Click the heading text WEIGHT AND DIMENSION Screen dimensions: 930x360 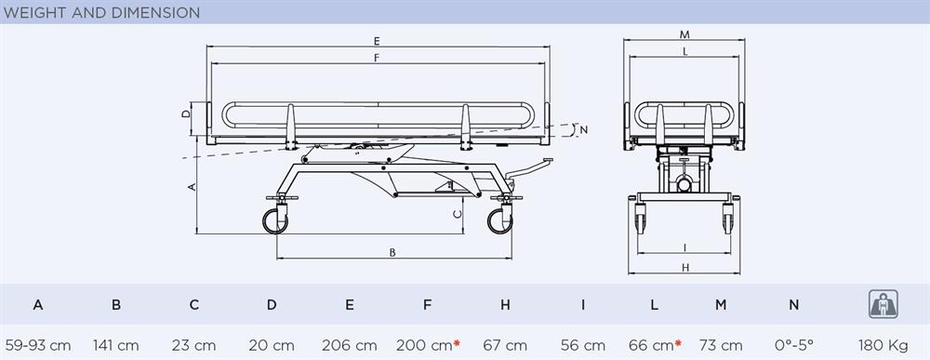tap(101, 12)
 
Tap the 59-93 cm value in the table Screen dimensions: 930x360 tap(38, 345)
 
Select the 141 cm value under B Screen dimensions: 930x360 tap(115, 345)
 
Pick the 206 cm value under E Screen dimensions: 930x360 tap(350, 345)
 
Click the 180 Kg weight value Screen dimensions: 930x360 tap(883, 345)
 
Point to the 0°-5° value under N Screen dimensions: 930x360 tap(794, 345)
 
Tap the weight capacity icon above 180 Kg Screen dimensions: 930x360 tap(883, 304)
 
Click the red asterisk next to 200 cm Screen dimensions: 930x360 tap(457, 343)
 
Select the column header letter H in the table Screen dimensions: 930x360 tap(505, 305)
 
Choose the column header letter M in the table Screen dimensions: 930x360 tap(721, 305)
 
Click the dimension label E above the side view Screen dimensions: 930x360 tap(377, 41)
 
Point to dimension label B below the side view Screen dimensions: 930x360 tap(392, 253)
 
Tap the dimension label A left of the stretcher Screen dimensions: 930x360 tap(192, 187)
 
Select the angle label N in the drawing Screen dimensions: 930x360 tap(584, 130)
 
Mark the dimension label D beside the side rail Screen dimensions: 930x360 tap(186, 113)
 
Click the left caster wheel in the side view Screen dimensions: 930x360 tap(275, 221)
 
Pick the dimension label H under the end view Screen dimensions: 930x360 tap(685, 268)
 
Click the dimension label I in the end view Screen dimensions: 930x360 tap(684, 247)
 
